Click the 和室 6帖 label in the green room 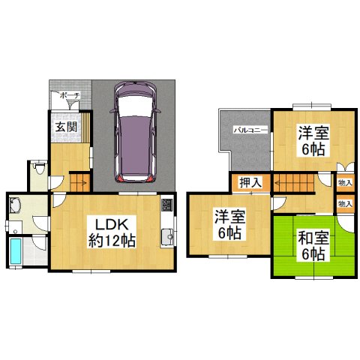(313, 247)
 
